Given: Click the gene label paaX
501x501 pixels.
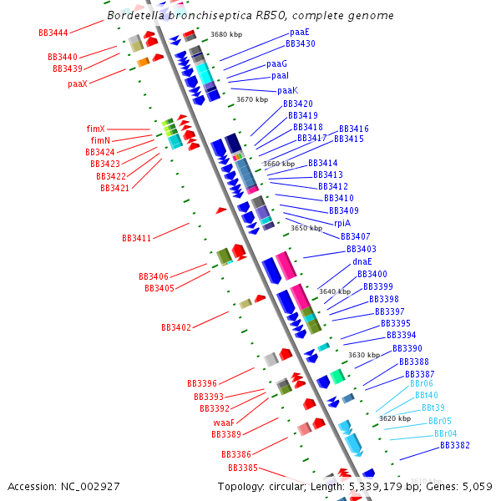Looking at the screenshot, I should point(78,83).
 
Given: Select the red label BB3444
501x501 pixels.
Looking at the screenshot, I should point(53,33).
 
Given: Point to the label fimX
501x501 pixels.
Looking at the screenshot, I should point(96,129).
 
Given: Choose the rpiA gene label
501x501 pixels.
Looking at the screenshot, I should point(342,223).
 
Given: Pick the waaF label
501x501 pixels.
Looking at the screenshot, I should point(224,423).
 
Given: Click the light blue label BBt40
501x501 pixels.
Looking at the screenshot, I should point(426,395).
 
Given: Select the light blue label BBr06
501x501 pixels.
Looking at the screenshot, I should point(422,384).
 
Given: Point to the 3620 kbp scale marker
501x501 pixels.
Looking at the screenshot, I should point(395,418).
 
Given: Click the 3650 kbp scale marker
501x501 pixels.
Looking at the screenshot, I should point(306,228).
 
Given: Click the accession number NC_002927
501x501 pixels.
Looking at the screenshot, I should point(91,486).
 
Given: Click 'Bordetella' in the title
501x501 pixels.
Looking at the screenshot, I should point(135,15).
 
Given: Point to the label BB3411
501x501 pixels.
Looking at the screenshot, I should point(137,238).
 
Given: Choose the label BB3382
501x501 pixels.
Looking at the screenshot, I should point(455,445).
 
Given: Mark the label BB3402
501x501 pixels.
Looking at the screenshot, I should point(176,327).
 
